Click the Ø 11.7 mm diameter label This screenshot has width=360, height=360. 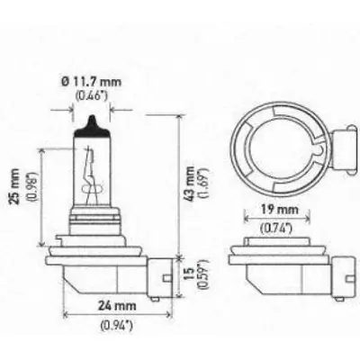pyautogui.click(x=92, y=82)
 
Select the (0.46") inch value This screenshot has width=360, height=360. pyautogui.click(x=91, y=95)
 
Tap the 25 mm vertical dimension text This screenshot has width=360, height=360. pyautogui.click(x=15, y=186)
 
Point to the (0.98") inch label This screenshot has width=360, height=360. pyautogui.click(x=32, y=187)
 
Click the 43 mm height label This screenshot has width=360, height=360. pyautogui.click(x=190, y=183)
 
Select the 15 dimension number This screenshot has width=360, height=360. pyautogui.click(x=190, y=274)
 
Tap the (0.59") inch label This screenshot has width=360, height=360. pyautogui.click(x=203, y=274)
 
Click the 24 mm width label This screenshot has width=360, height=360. pyautogui.click(x=117, y=306)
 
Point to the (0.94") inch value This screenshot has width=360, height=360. pyautogui.click(x=117, y=325)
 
